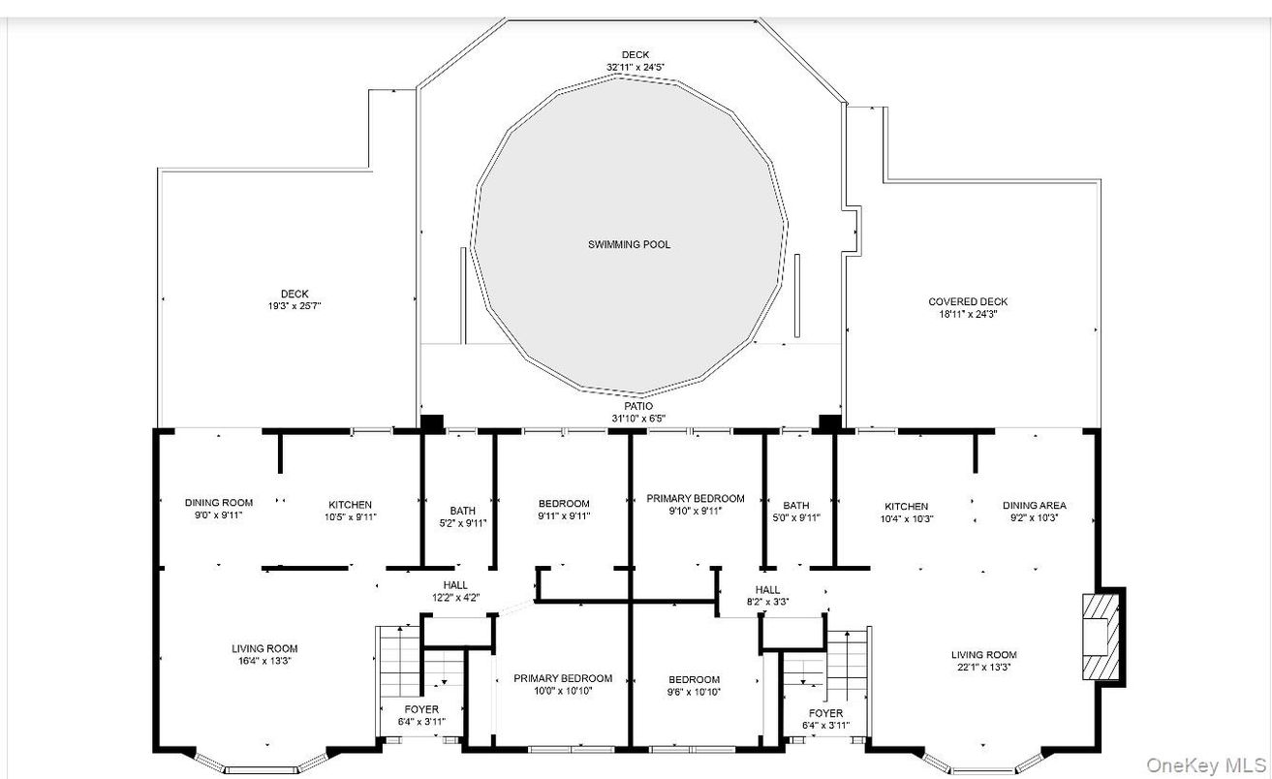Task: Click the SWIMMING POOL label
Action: click(629, 245)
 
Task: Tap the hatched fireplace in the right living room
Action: click(1101, 636)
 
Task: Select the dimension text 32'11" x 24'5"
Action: click(635, 67)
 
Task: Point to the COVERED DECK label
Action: click(968, 301)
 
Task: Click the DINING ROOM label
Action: click(219, 503)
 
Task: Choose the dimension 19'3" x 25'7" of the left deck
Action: click(295, 306)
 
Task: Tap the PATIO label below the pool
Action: click(638, 407)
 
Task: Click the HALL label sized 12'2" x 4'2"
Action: click(455, 585)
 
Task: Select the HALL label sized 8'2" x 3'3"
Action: click(767, 590)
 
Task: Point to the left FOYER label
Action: click(421, 709)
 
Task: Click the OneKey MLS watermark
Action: click(1207, 765)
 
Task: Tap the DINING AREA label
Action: click(1034, 506)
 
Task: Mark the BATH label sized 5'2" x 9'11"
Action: click(462, 511)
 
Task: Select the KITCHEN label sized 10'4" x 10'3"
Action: click(907, 506)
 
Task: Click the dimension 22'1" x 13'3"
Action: click(983, 668)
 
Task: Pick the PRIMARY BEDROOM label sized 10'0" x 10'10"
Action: click(563, 678)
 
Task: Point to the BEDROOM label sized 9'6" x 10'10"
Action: click(694, 679)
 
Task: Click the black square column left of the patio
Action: click(431, 423)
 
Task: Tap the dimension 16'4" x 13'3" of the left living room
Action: click(264, 661)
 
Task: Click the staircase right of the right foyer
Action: click(848, 665)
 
